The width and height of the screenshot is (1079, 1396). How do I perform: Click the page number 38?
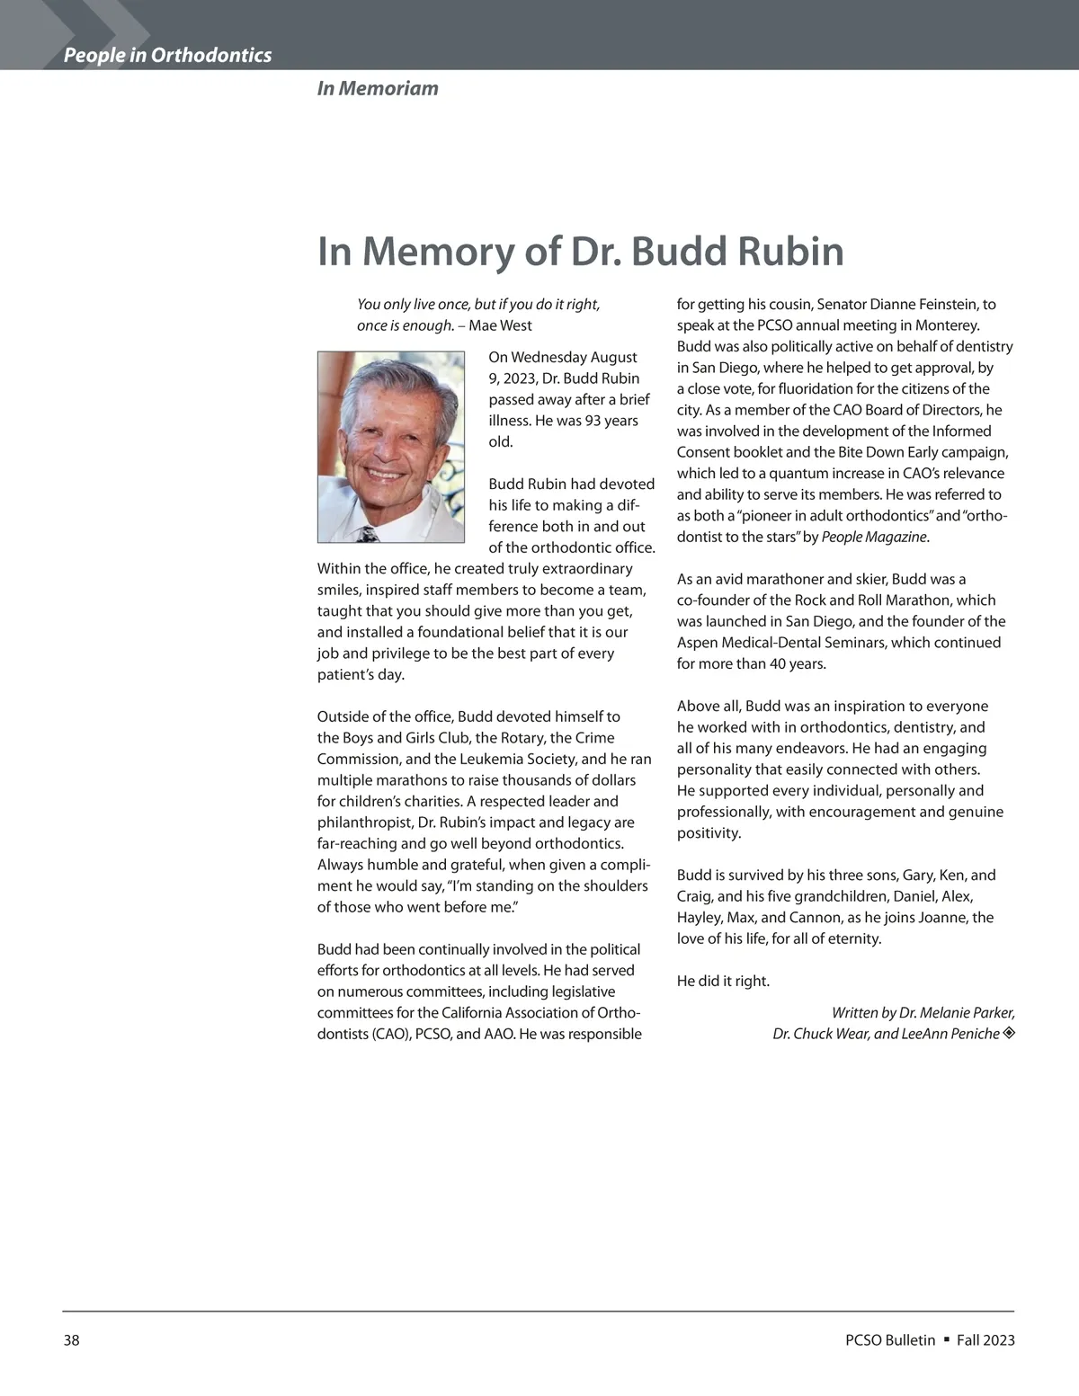click(71, 1340)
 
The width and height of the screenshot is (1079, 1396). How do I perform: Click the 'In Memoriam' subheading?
click(378, 88)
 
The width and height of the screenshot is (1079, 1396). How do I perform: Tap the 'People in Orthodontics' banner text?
click(167, 55)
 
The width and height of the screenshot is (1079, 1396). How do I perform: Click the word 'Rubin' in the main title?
click(790, 251)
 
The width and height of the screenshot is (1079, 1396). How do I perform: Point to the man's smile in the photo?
click(384, 473)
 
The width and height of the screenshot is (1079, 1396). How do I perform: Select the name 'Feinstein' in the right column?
click(940, 305)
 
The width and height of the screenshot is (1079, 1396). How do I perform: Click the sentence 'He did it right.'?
click(723, 981)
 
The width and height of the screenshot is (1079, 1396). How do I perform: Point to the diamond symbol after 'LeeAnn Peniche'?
click(1009, 1034)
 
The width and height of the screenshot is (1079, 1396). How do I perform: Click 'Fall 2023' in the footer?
click(985, 1340)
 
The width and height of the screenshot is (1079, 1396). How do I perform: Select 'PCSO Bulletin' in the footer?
click(890, 1340)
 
